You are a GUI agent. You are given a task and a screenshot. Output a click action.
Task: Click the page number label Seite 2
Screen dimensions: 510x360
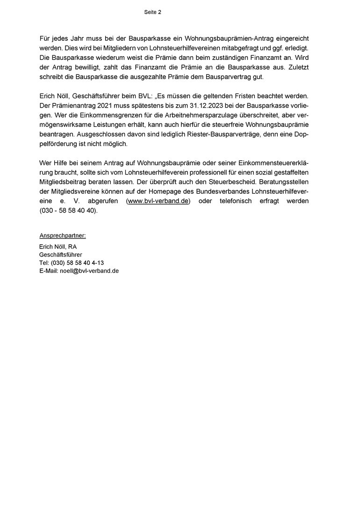152,13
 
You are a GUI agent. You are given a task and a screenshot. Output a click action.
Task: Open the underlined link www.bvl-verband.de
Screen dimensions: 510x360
159,201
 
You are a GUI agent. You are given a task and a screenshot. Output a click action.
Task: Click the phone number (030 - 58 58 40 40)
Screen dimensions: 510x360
68,211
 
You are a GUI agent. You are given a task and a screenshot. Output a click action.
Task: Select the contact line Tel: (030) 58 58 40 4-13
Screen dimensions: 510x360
72,263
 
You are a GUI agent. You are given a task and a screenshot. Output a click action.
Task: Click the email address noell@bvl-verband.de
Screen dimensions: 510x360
89,271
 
